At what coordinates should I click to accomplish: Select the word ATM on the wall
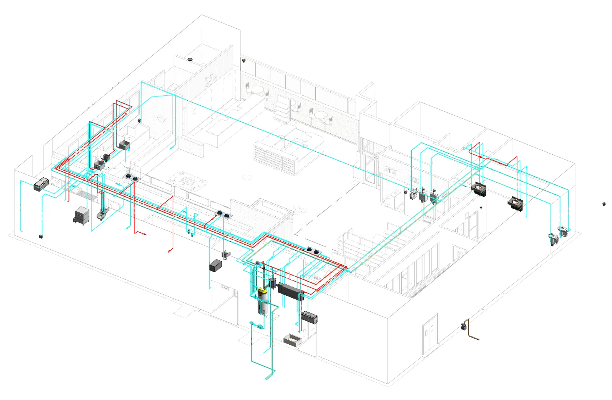pyautogui.click(x=391, y=171)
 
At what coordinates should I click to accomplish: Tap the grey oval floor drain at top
pyautogui.click(x=190, y=59)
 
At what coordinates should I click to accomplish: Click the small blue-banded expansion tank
pyautogui.click(x=273, y=283)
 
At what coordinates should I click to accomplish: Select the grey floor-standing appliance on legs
pyautogui.click(x=81, y=216)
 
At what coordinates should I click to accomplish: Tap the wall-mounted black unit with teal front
pyautogui.click(x=41, y=184)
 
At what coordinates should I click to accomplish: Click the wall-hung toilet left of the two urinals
pyautogui.click(x=412, y=194)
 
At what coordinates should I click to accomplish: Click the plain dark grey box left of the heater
pyautogui.click(x=215, y=266)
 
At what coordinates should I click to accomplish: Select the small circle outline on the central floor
pyautogui.click(x=247, y=177)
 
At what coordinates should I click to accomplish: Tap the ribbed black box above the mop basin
pyautogui.click(x=309, y=317)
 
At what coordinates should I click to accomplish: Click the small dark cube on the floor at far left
pyautogui.click(x=40, y=236)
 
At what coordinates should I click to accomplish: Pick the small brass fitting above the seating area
pyautogui.click(x=244, y=61)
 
